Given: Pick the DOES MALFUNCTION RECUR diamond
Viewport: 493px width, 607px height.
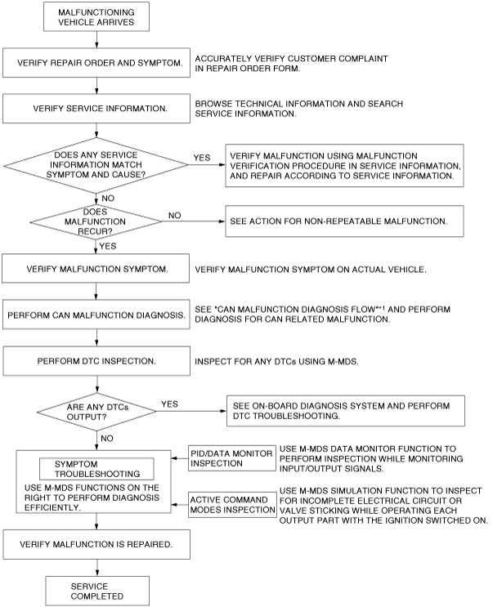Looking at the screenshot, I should coord(96,221).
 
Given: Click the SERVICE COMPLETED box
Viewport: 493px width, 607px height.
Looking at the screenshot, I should coord(96,590).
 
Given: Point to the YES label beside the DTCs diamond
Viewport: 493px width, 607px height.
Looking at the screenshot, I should coord(171,403).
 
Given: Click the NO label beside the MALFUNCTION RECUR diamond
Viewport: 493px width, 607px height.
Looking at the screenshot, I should coord(174,215).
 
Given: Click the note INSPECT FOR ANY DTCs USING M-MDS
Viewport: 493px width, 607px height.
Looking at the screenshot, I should coord(279,360).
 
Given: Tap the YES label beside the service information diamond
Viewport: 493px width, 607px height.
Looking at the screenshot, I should coord(201,156).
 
